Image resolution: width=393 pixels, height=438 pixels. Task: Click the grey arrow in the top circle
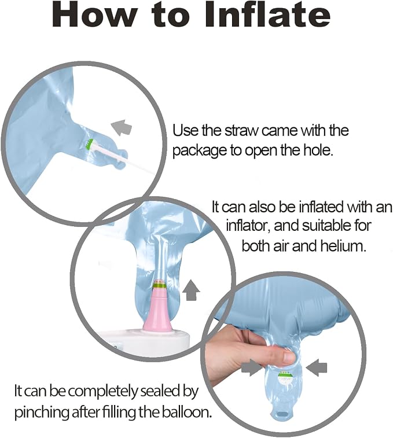[121, 127]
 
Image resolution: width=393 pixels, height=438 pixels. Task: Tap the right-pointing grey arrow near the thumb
[252, 367]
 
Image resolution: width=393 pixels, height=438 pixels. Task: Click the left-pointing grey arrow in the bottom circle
[316, 367]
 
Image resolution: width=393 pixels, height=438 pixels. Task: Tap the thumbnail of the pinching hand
[289, 357]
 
